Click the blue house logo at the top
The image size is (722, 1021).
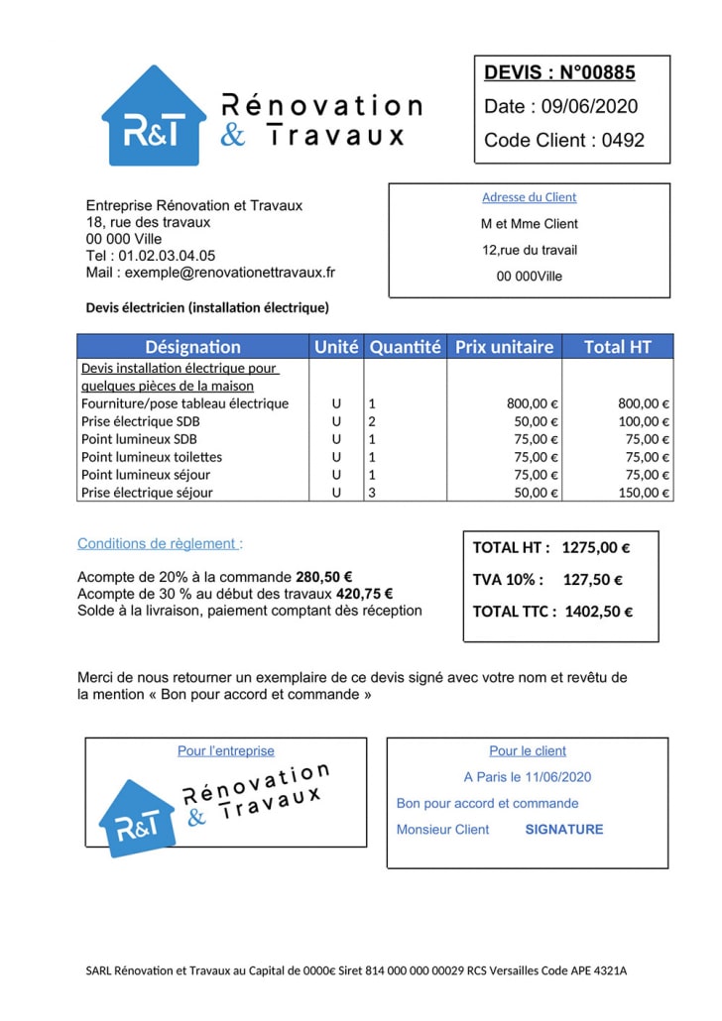tap(154, 117)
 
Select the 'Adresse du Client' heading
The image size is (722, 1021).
tap(529, 197)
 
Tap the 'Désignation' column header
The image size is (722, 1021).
tap(192, 347)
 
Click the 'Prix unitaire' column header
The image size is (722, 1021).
tap(504, 347)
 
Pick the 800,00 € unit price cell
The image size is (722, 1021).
tap(533, 403)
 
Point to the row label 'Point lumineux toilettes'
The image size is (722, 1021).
tap(152, 457)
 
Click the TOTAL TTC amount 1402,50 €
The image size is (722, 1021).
tap(598, 612)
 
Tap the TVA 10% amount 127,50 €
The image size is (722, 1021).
tap(593, 580)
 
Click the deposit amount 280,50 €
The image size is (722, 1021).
tap(324, 577)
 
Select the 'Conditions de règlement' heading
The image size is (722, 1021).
tap(158, 543)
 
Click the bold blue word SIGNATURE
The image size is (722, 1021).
tap(563, 830)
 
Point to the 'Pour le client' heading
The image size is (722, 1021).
tap(528, 751)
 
